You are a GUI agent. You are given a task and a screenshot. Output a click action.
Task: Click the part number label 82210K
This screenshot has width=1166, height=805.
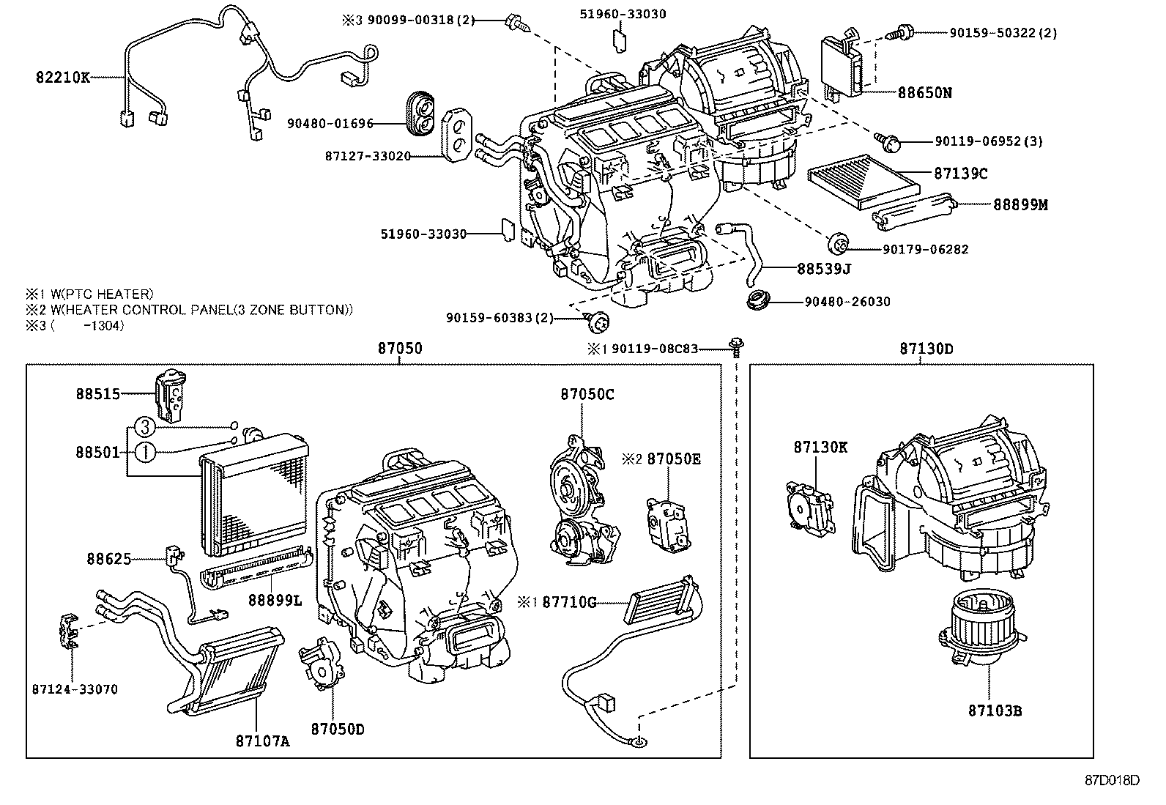(x=62, y=77)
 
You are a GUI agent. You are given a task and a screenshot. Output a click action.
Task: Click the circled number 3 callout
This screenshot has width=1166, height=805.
(x=145, y=426)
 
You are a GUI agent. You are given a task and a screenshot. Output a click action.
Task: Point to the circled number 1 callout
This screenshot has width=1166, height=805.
(x=145, y=452)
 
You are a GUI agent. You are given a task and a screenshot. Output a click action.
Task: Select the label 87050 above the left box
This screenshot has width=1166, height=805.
(x=399, y=349)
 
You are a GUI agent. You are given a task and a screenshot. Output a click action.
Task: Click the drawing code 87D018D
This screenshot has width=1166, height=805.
(x=1113, y=779)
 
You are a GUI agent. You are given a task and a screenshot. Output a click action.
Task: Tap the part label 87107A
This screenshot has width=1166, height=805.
(x=262, y=741)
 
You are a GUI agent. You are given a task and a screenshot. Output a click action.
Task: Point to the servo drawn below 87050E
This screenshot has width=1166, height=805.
(x=668, y=522)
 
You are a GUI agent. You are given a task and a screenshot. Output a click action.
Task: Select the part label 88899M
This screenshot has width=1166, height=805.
(x=1020, y=205)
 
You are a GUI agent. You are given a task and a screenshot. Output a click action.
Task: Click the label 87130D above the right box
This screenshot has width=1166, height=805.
(x=927, y=349)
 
